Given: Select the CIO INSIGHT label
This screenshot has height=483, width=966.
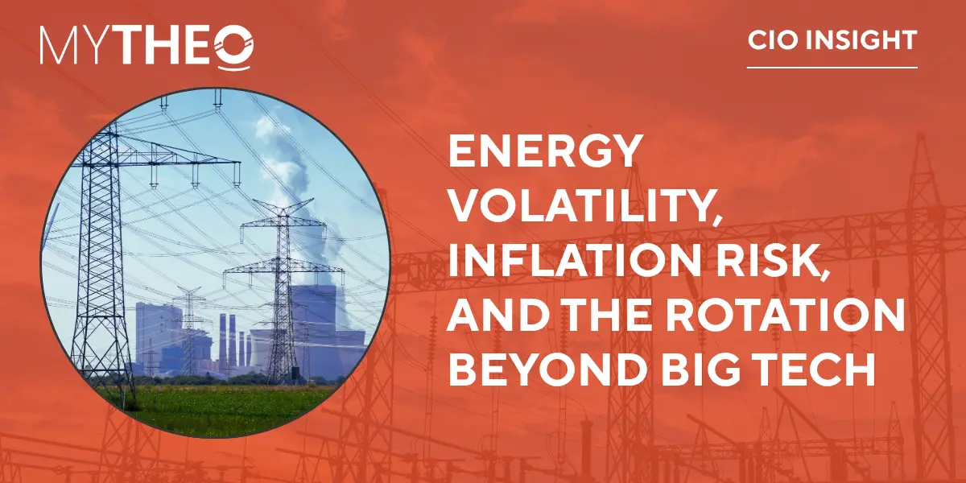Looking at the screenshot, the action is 832,40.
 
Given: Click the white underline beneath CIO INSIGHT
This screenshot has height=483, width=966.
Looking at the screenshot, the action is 832,68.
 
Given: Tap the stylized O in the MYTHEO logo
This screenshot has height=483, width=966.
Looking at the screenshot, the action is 233,47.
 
